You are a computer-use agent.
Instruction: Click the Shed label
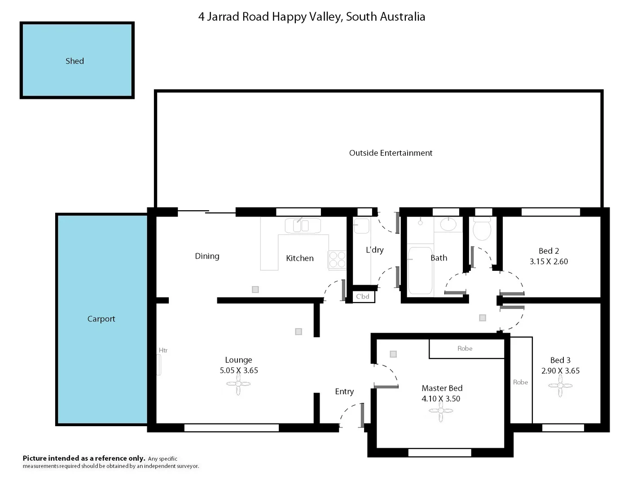(75, 61)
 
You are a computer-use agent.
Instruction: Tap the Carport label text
(101, 319)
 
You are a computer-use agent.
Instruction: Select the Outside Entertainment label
(391, 153)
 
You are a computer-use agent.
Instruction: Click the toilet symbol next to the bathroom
(482, 229)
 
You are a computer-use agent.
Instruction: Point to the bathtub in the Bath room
(420, 270)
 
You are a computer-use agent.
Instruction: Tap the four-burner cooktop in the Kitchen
(337, 260)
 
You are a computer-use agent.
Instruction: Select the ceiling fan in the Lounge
(238, 384)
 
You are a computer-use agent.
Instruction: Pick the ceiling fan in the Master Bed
(440, 411)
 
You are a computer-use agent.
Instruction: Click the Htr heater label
(163, 350)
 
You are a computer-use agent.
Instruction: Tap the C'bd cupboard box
(363, 296)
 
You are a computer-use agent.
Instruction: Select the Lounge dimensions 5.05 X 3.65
(239, 370)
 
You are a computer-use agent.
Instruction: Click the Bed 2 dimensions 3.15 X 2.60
(549, 261)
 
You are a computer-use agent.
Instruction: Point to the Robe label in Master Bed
(465, 348)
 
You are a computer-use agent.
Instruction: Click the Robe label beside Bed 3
(520, 382)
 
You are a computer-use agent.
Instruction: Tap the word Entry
(344, 392)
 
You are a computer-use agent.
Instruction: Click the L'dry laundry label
(374, 250)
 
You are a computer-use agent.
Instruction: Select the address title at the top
(312, 17)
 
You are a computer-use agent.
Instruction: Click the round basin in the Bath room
(448, 224)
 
